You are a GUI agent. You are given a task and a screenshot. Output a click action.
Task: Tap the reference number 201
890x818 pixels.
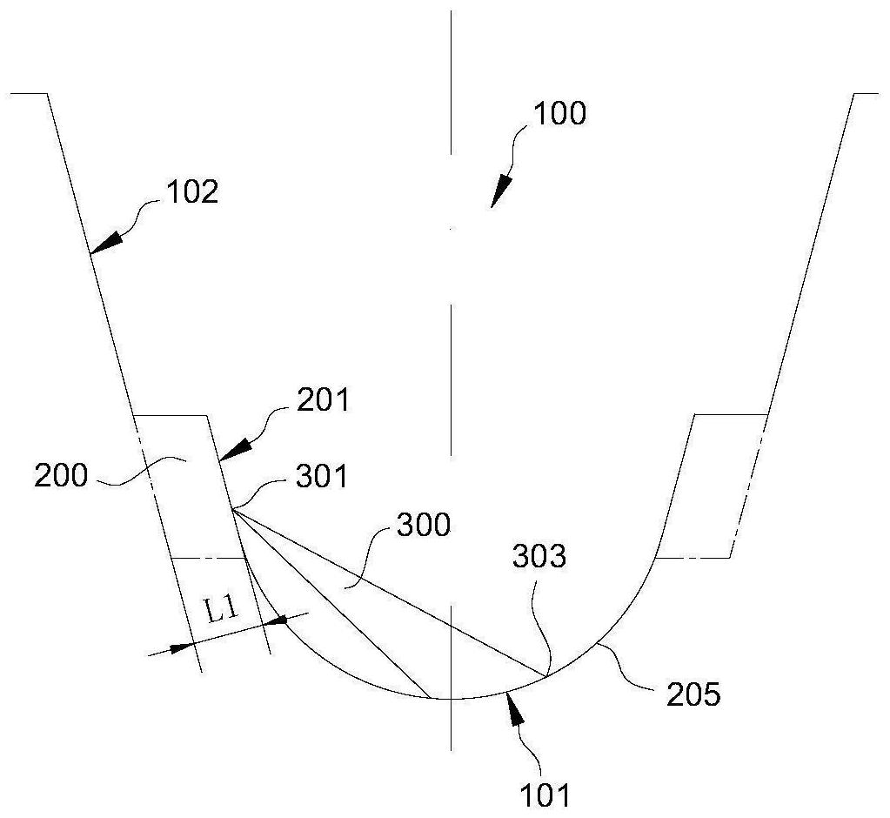click(x=323, y=401)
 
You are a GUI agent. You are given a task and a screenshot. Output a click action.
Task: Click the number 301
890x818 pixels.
click(x=322, y=477)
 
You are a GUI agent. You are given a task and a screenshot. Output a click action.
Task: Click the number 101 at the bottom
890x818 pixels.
click(x=545, y=795)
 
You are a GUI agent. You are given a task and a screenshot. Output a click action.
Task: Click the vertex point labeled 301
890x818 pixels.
click(x=232, y=511)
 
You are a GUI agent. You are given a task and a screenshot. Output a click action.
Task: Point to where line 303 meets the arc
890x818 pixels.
click(x=547, y=676)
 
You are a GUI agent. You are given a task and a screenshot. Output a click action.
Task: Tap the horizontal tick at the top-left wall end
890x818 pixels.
click(x=27, y=92)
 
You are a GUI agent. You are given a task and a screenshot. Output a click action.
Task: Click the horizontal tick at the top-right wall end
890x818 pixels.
click(x=866, y=92)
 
